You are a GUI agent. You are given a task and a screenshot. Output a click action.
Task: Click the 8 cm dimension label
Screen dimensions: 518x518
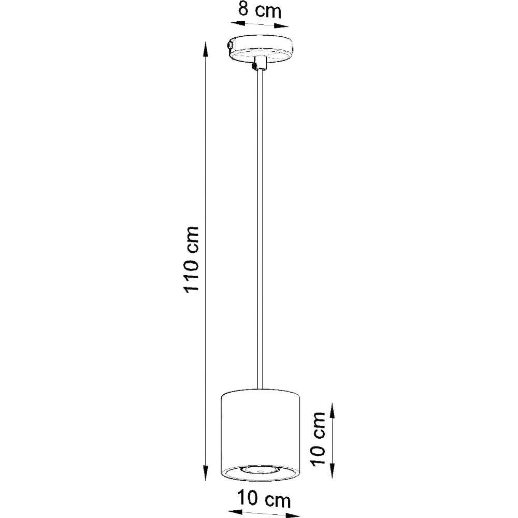(x=260, y=10)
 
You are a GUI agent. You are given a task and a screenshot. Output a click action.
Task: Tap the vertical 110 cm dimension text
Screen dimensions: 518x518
(x=191, y=259)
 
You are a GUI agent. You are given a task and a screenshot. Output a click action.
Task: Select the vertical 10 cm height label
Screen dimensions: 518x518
(x=319, y=438)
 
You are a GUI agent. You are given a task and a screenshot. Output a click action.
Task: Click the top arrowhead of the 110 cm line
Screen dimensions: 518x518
(x=206, y=49)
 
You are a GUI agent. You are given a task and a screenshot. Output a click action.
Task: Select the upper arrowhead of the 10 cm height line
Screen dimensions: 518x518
(x=333, y=410)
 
